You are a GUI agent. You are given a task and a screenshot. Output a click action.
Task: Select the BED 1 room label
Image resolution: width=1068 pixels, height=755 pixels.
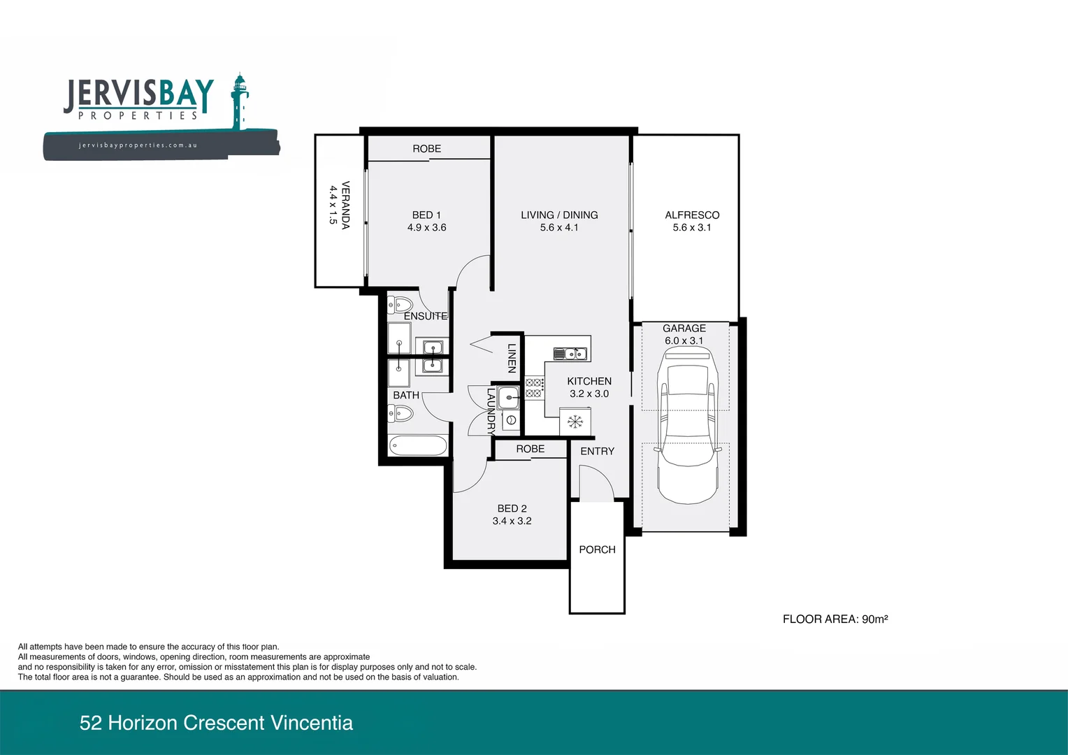click(x=426, y=215)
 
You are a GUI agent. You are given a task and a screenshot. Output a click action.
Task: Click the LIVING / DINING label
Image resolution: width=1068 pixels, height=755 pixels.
click(x=559, y=215)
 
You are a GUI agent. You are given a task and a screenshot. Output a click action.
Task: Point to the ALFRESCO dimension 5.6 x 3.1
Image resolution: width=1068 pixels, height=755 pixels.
click(x=691, y=228)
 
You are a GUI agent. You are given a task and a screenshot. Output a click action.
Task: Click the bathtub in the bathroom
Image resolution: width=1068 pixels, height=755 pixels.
click(x=418, y=445)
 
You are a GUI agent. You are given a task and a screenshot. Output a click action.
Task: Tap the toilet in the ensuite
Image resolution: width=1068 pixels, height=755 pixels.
click(x=401, y=305)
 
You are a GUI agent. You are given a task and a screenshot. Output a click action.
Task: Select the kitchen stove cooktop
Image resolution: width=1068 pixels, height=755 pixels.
click(x=535, y=388)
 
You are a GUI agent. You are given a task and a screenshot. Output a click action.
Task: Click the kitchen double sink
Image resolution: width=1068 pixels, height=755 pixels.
click(x=570, y=354)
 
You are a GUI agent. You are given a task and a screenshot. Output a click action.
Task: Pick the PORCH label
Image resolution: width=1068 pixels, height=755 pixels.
click(x=597, y=550)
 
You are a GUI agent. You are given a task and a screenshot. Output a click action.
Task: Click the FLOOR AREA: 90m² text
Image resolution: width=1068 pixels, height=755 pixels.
click(x=835, y=619)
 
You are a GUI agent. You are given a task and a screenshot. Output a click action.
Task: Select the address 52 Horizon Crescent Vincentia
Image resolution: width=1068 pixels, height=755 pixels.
click(x=216, y=723)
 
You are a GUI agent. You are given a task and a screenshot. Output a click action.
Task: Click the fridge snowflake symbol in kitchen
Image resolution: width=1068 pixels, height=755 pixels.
click(x=575, y=422)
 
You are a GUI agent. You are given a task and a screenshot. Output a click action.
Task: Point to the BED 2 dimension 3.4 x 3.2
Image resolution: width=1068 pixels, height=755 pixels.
click(x=512, y=522)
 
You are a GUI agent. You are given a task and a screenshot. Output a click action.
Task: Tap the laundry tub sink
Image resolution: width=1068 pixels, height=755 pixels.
click(x=509, y=398)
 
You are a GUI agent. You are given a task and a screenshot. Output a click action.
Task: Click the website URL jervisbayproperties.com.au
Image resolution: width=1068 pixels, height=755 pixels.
click(x=138, y=145)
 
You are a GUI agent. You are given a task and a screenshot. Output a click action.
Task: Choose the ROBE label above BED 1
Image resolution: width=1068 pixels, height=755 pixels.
click(x=426, y=149)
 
